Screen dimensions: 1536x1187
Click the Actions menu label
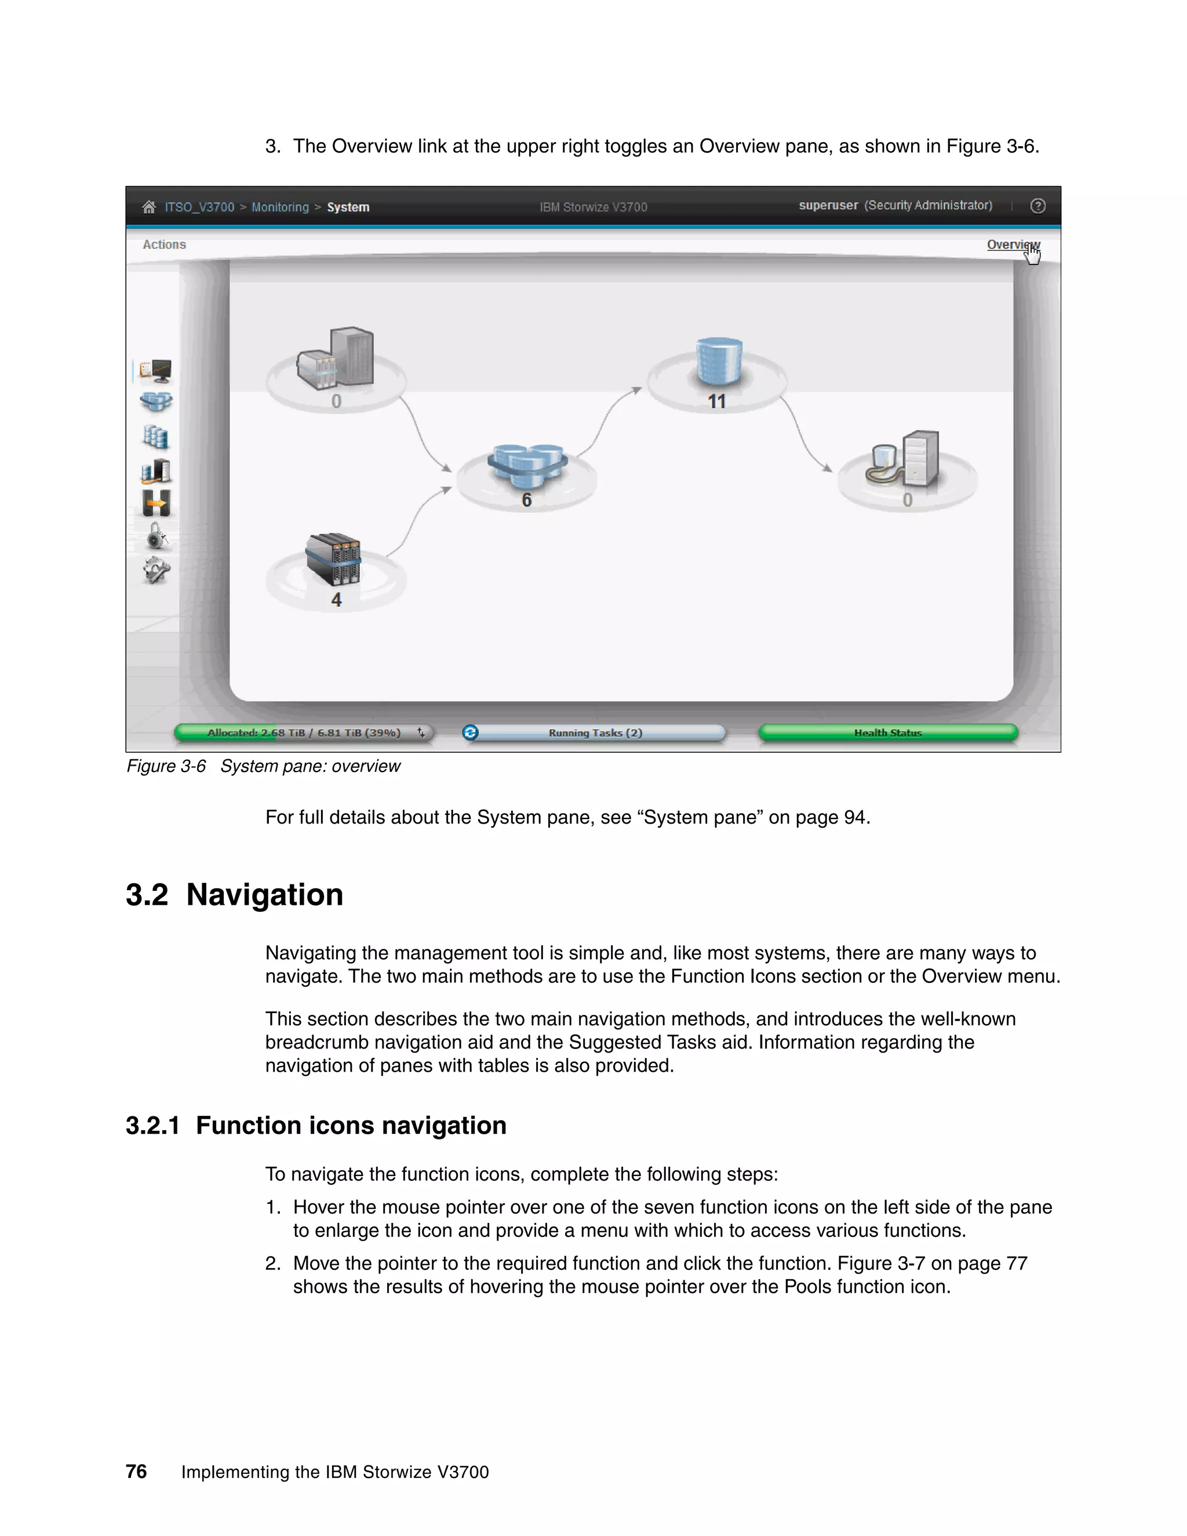[x=164, y=245]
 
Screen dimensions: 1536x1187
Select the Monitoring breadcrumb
[x=280, y=207]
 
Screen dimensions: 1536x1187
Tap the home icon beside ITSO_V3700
[x=148, y=207]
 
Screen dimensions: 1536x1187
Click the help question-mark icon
[x=1037, y=206]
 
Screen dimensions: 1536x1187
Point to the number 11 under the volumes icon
[x=716, y=401]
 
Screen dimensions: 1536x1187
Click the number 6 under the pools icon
[x=526, y=500]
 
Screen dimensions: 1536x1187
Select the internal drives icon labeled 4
[x=334, y=560]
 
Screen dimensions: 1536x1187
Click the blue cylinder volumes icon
[x=718, y=361]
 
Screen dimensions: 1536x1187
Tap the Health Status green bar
[x=887, y=733]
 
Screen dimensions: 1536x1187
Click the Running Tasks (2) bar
[x=595, y=733]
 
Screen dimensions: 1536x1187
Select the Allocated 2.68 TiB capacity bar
[x=303, y=733]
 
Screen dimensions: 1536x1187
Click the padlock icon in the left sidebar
[x=156, y=536]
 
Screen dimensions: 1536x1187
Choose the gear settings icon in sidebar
[x=156, y=570]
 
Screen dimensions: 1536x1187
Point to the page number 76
[x=136, y=1471]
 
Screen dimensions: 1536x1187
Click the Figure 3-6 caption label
[x=166, y=766]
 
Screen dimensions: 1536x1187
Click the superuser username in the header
[x=828, y=205]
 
